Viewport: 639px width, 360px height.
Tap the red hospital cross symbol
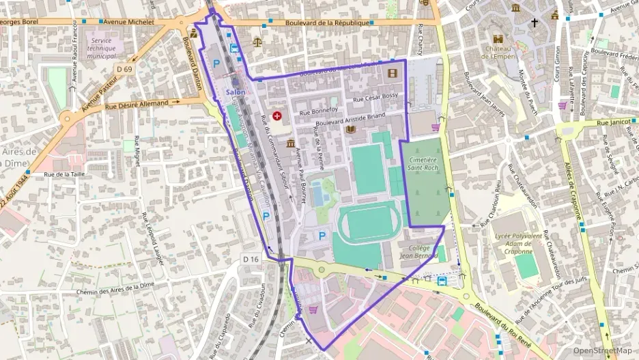[x=277, y=117]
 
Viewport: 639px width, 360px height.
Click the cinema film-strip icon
[x=392, y=72]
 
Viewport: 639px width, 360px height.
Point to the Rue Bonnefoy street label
[x=315, y=110]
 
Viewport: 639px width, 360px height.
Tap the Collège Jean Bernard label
[x=418, y=252]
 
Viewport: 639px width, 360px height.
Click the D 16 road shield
[x=251, y=259]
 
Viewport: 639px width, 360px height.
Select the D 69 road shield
[x=124, y=69]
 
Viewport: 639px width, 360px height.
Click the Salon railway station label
[x=236, y=93]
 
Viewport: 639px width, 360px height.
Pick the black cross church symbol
[x=535, y=23]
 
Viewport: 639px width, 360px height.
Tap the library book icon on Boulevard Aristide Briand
[x=351, y=130]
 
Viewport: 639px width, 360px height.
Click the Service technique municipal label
[x=101, y=48]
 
